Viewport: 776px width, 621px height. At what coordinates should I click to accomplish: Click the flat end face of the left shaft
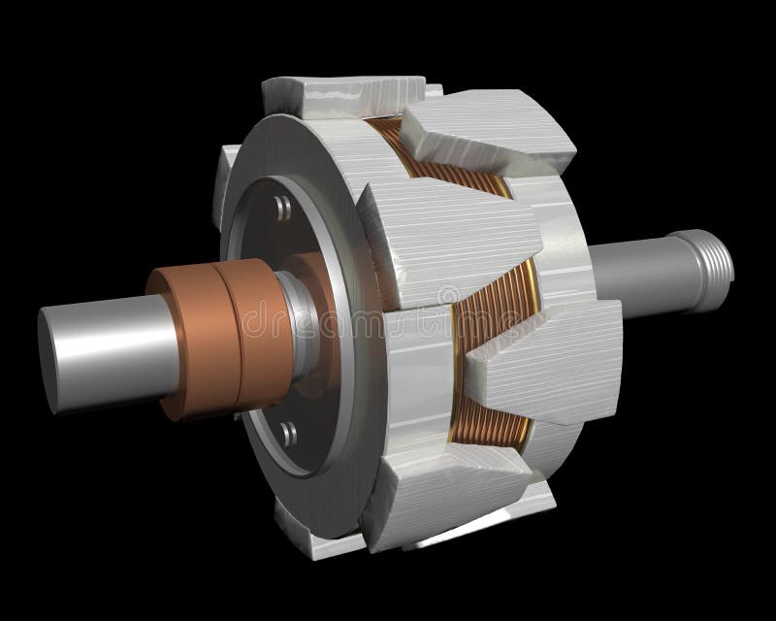point(50,342)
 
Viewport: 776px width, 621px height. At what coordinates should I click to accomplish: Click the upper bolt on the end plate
point(280,207)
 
